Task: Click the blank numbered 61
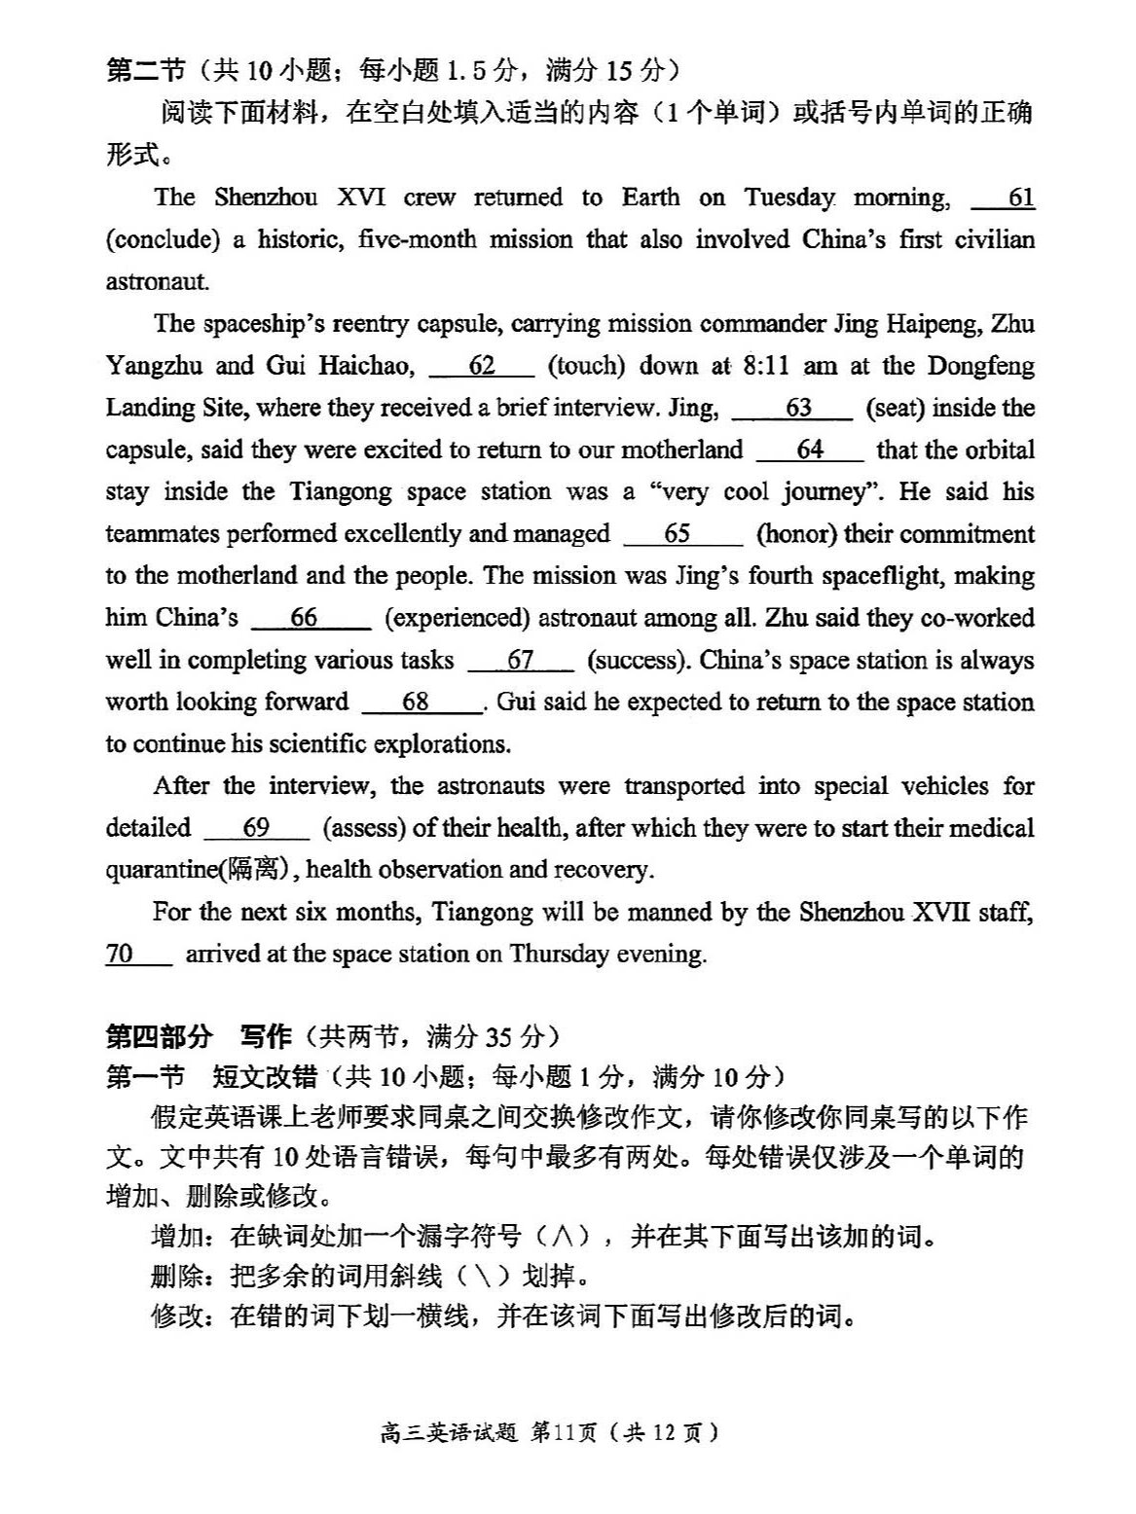point(1004,198)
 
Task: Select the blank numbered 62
point(482,366)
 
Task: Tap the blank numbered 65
point(682,534)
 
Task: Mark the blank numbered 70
point(137,954)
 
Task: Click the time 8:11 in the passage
point(766,366)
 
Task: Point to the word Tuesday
point(789,198)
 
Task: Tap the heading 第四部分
point(158,1036)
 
